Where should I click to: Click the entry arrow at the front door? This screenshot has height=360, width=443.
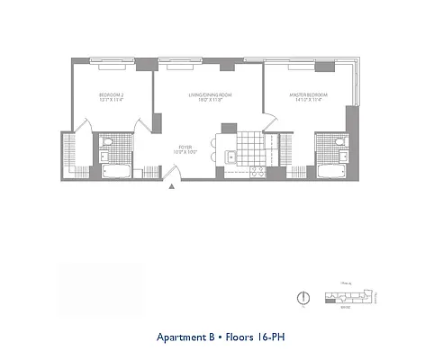coord(171,186)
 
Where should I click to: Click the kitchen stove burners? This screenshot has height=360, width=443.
coord(256,170)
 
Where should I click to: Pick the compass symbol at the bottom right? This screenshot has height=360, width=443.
coord(303,298)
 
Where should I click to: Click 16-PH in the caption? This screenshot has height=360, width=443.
coord(274,339)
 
